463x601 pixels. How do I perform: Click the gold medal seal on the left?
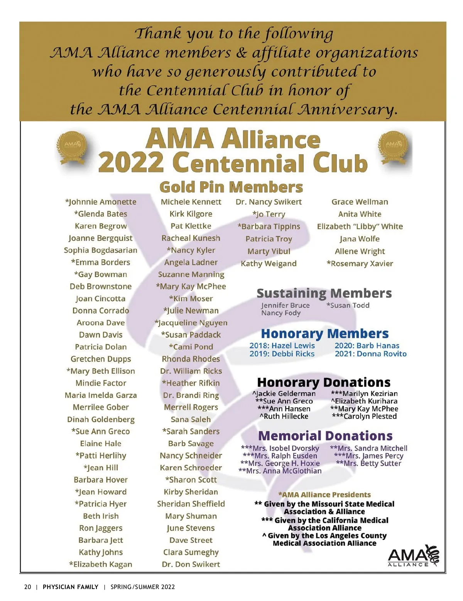click(x=76, y=148)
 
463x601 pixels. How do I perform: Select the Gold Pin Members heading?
click(x=231, y=187)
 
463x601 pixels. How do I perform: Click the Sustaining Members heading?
click(x=324, y=293)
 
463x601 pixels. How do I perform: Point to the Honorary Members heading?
click(x=325, y=334)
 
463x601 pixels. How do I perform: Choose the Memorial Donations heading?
click(x=325, y=436)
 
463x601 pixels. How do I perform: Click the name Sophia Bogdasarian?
click(x=101, y=250)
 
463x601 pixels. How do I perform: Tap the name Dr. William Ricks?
click(x=191, y=371)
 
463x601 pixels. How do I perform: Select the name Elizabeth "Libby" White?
click(x=360, y=226)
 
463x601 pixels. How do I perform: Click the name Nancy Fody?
click(x=281, y=313)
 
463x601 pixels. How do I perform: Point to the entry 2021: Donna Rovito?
click(x=370, y=354)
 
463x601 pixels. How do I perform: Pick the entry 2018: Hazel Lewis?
click(x=282, y=346)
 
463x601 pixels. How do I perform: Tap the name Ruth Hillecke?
click(x=284, y=416)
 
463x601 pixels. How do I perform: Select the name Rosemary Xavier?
click(x=360, y=263)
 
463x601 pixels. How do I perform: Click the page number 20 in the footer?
click(x=27, y=587)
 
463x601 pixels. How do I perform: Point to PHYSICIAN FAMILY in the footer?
click(x=71, y=587)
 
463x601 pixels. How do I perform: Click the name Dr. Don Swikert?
click(x=191, y=564)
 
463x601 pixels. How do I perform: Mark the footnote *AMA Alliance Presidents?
click(x=324, y=495)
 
